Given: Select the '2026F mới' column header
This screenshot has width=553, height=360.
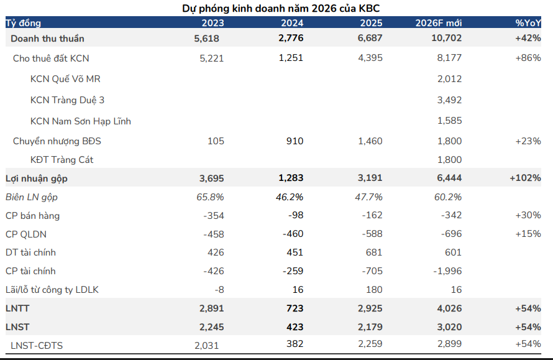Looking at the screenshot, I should [x=439, y=23].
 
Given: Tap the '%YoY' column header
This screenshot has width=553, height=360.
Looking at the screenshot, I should [x=528, y=23].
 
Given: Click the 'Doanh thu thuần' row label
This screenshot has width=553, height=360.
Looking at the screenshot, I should [x=47, y=38].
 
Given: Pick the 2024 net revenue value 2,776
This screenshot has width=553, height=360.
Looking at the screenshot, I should [x=291, y=38].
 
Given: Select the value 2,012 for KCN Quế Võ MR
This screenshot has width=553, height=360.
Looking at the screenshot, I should [x=449, y=79].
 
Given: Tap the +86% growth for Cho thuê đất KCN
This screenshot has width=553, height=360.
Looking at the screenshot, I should [x=528, y=58].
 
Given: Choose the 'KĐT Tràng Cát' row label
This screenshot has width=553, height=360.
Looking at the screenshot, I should [x=62, y=160].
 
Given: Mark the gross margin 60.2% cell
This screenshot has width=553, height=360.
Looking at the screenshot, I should [x=449, y=197].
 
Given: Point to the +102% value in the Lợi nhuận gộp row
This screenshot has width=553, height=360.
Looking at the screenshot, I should [x=524, y=178].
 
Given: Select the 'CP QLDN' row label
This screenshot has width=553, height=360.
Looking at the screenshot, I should [x=25, y=234].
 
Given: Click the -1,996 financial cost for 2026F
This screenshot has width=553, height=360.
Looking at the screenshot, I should [x=447, y=271].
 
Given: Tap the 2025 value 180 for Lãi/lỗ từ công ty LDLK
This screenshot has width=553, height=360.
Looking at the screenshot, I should [x=375, y=290].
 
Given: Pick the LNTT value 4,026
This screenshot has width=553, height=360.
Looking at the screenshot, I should [x=449, y=308].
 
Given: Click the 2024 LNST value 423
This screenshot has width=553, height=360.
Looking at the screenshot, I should [x=295, y=327].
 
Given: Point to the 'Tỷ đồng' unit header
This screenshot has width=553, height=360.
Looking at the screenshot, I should [x=23, y=23].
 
